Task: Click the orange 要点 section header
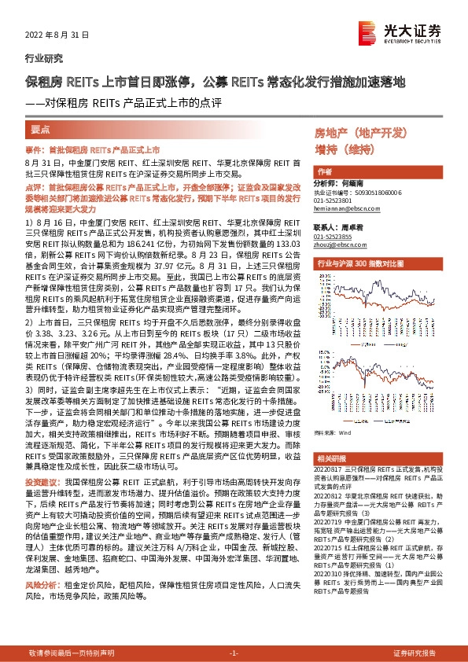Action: click(40, 128)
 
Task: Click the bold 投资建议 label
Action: click(41, 480)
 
